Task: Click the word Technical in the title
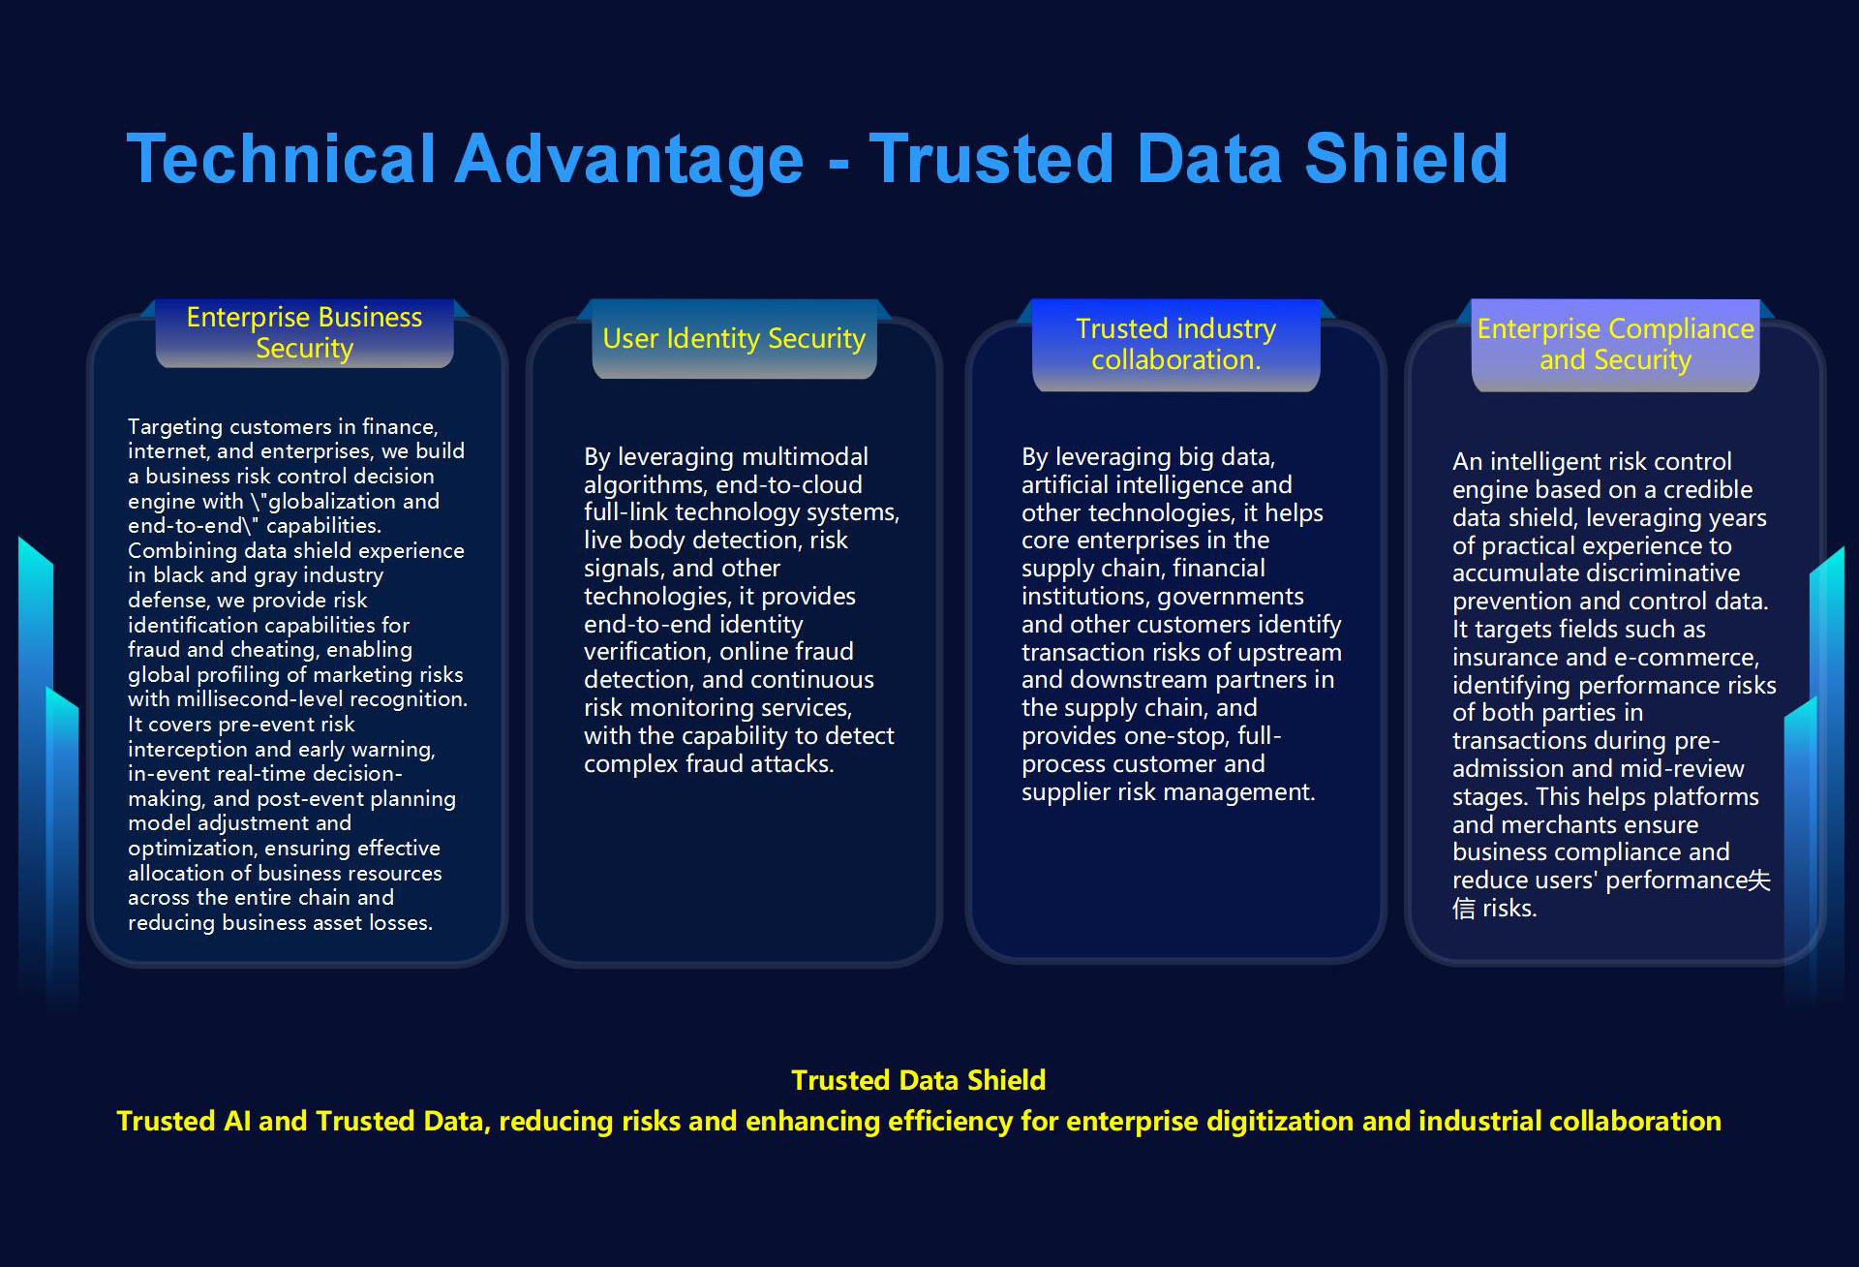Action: [282, 159]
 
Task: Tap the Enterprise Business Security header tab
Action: [304, 332]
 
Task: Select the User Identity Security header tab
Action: [734, 338]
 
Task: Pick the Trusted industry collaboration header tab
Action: [1175, 344]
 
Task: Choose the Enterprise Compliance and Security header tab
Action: [1615, 344]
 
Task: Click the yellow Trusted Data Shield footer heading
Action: [918, 1080]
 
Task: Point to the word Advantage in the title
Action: [629, 161]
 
